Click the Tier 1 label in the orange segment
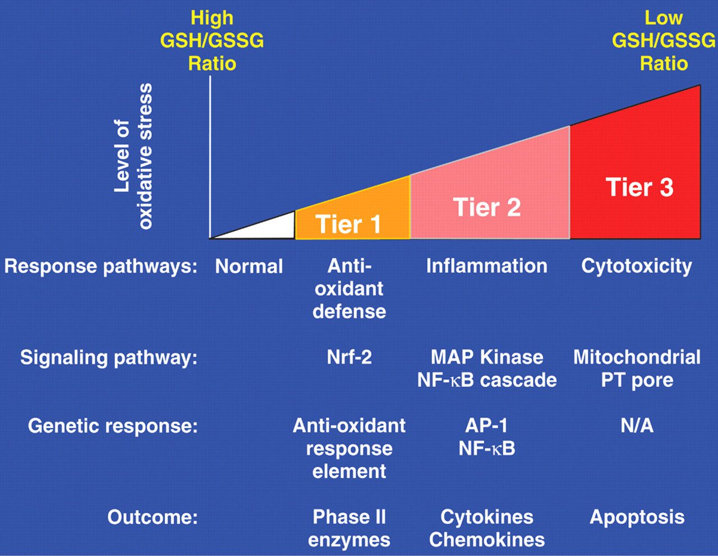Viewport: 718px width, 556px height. click(348, 224)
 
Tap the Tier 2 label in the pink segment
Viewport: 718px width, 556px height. click(487, 207)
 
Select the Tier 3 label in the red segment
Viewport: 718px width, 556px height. click(639, 187)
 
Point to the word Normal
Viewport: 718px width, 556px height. click(249, 266)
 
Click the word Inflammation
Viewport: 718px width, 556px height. click(487, 266)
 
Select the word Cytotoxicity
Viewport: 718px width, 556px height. click(637, 266)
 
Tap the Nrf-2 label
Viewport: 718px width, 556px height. click(349, 357)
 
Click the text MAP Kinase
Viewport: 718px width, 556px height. click(487, 357)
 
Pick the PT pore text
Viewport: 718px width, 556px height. click(637, 380)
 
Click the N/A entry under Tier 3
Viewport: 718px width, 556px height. click(637, 425)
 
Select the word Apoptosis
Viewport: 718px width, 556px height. click(637, 517)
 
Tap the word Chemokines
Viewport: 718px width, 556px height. click(487, 540)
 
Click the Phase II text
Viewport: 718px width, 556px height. click(349, 517)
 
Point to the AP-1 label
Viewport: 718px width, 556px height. click(486, 425)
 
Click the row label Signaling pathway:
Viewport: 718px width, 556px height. click(109, 358)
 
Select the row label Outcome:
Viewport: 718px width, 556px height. click(153, 517)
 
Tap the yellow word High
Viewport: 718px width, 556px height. click(212, 19)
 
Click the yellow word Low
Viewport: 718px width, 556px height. click(664, 18)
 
